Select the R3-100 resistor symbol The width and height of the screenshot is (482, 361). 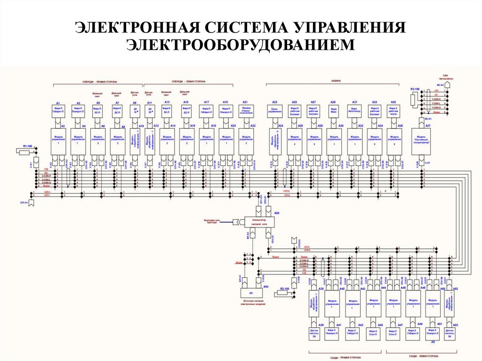click(412, 99)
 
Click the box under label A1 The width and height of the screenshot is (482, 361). click(58, 111)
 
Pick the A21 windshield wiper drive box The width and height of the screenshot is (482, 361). click(245, 111)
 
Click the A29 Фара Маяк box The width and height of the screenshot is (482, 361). click(333, 111)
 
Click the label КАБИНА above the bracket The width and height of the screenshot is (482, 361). click(335, 81)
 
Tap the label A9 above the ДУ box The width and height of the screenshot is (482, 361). click(135, 102)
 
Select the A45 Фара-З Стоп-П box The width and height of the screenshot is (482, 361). click(373, 333)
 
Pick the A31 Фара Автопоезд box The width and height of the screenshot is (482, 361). click(354, 111)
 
